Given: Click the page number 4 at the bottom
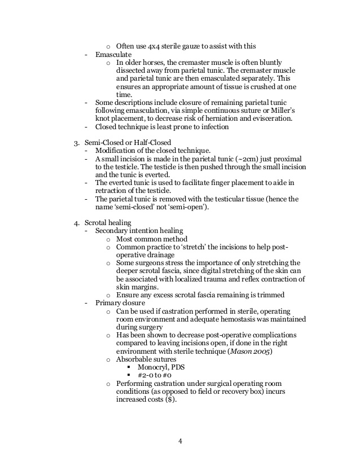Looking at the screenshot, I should (180, 441).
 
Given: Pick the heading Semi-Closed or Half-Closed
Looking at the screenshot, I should (128, 143).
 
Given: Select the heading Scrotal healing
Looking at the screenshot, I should (110, 223).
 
